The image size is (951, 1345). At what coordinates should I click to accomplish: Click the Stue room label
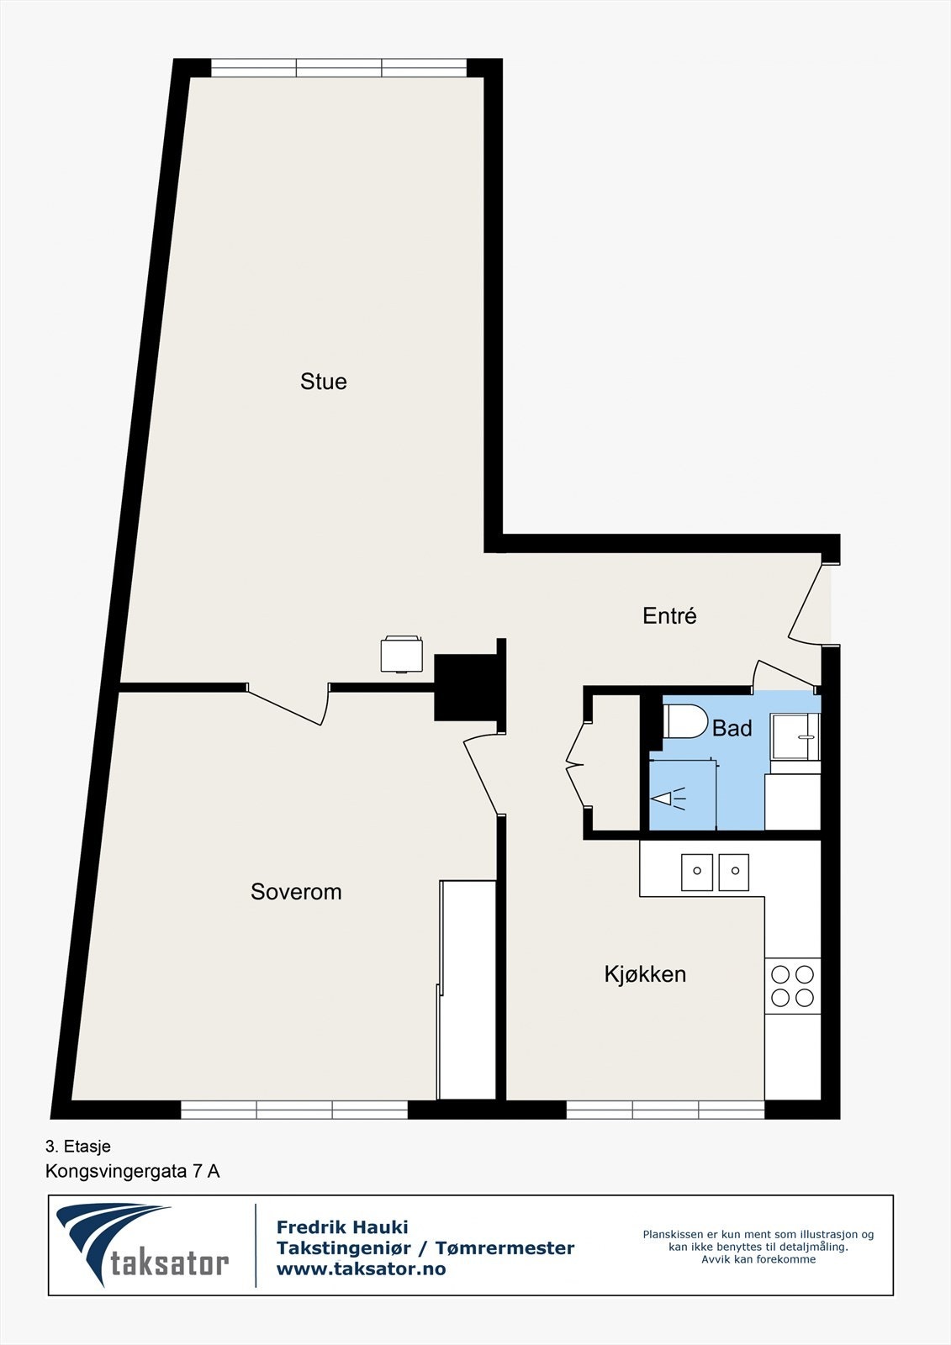pyautogui.click(x=324, y=382)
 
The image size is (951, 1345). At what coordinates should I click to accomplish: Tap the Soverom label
pyautogui.click(x=296, y=892)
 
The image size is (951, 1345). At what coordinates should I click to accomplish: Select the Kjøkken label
pyautogui.click(x=645, y=974)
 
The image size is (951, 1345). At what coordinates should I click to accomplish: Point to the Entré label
pyautogui.click(x=669, y=616)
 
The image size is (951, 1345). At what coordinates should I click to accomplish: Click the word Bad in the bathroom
pyautogui.click(x=732, y=729)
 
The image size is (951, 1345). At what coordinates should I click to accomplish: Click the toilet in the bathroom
pyautogui.click(x=684, y=721)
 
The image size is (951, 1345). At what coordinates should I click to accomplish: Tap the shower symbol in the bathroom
pyautogui.click(x=668, y=798)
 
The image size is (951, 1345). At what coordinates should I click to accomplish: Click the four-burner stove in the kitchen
pyautogui.click(x=792, y=986)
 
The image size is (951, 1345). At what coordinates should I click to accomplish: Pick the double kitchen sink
pyautogui.click(x=715, y=872)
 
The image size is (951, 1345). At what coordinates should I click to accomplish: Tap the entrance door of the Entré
pyautogui.click(x=806, y=604)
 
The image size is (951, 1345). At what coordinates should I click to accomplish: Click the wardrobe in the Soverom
pyautogui.click(x=468, y=989)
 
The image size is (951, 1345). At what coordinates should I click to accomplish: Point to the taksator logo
pyautogui.click(x=143, y=1245)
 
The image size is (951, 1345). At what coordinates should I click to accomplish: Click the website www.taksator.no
pyautogui.click(x=361, y=1269)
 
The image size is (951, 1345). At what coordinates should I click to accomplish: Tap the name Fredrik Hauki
pyautogui.click(x=342, y=1227)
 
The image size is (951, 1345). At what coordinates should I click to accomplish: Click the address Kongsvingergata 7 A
pyautogui.click(x=132, y=1171)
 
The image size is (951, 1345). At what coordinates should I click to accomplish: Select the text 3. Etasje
pyautogui.click(x=78, y=1146)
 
